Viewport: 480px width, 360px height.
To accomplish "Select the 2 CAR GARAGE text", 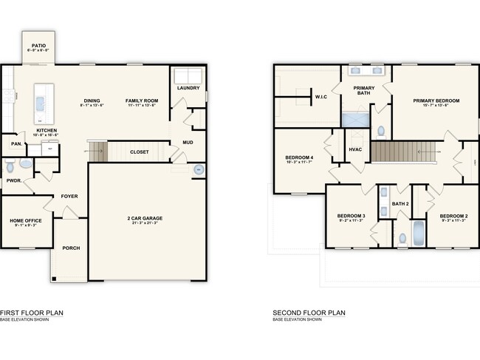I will [144, 218].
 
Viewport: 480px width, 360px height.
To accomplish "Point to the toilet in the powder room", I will [25, 164].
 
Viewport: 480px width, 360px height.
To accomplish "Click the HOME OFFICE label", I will [26, 221].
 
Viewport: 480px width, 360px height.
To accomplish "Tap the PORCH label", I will [71, 248].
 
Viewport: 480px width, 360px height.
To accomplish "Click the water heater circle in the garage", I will [199, 170].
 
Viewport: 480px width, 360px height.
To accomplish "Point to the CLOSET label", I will [139, 152].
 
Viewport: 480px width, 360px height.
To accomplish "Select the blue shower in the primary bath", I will [354, 120].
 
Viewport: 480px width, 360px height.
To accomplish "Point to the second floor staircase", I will [399, 153].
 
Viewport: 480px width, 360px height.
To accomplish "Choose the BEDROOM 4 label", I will [299, 157].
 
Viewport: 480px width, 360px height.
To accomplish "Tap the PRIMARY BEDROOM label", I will [436, 101].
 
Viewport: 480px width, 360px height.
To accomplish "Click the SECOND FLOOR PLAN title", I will [309, 313].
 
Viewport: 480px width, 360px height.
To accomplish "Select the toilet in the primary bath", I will [380, 132].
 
